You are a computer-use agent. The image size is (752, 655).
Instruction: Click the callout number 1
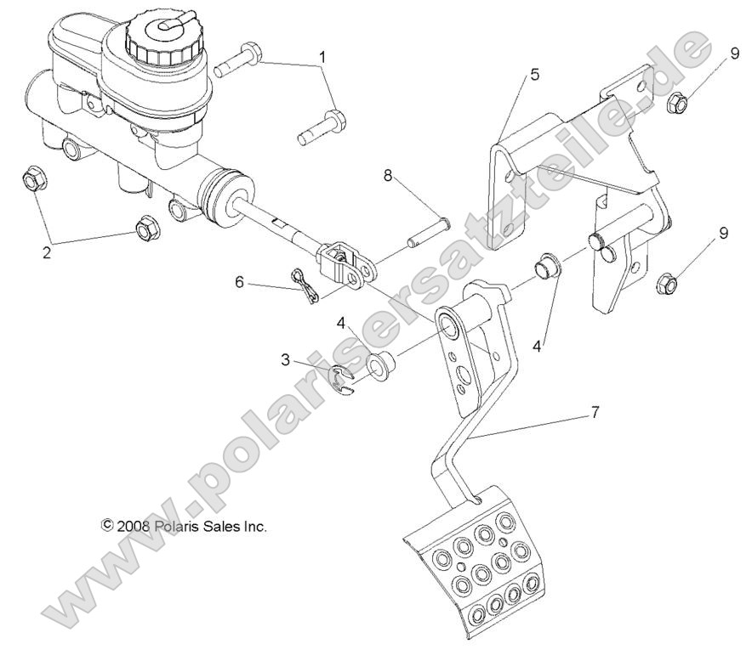click(x=322, y=58)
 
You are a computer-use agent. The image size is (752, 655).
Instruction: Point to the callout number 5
click(x=533, y=75)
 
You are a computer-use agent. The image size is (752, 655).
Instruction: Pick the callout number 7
click(x=595, y=414)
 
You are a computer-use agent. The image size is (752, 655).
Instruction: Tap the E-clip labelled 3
click(x=345, y=378)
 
